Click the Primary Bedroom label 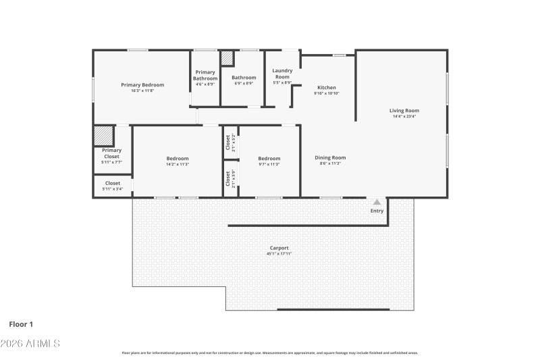point(142,85)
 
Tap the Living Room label point(404,111)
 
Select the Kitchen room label point(327,88)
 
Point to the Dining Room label point(330,158)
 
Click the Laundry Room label point(281,74)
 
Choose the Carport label point(279,248)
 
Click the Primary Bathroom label point(205,75)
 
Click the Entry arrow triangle point(377,202)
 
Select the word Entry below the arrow point(377,211)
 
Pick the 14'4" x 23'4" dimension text point(404,117)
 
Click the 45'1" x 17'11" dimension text point(279,254)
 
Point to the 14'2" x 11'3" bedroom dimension point(178,164)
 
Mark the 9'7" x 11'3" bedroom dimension point(269,164)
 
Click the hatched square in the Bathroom point(227,58)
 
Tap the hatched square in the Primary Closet point(103,136)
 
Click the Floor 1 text point(21,324)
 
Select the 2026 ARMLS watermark point(30,343)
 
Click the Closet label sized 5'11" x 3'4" point(112,183)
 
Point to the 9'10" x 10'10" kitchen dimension point(327,94)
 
